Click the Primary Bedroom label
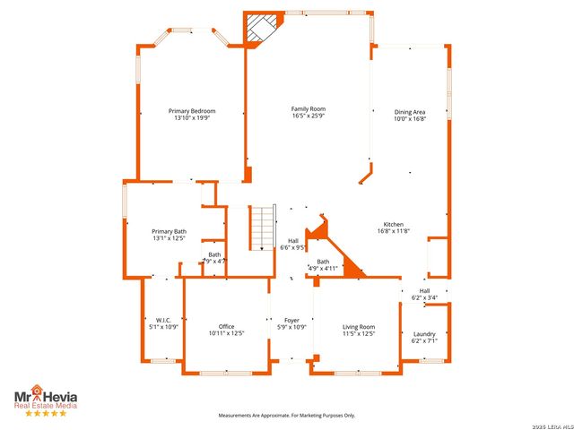[192, 111]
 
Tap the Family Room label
[308, 109]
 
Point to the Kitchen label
[394, 224]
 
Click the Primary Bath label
[169, 231]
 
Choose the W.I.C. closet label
[162, 320]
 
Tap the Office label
[226, 326]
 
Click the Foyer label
[291, 320]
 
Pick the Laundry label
[424, 334]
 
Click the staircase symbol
[261, 228]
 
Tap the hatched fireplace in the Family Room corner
[262, 28]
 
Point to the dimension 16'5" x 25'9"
[308, 116]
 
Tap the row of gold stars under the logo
[44, 413]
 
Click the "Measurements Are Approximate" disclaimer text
[287, 416]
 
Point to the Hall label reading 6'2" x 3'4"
[424, 294]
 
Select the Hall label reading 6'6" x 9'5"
[293, 244]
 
